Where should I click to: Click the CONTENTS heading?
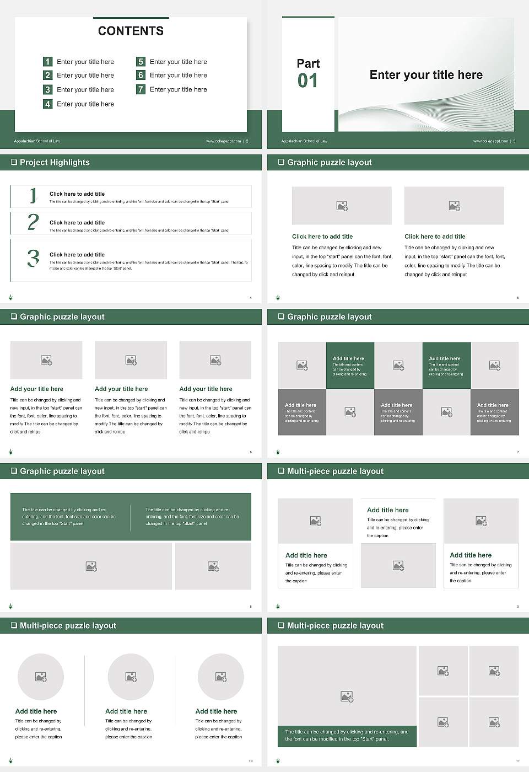(131, 31)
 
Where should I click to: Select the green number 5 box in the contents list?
(141, 62)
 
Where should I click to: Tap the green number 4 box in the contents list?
(48, 104)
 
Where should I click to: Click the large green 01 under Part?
(307, 81)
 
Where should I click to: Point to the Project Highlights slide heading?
(55, 162)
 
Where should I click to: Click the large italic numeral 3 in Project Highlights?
(33, 258)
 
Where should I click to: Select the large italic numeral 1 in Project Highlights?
(33, 195)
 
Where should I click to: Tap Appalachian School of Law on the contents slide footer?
(37, 141)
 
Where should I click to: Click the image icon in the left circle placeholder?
(41, 677)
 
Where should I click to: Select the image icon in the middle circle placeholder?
(131, 677)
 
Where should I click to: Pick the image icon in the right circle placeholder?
(221, 677)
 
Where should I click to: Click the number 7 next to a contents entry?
(141, 89)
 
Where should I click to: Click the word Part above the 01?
(308, 63)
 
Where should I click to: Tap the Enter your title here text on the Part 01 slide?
(426, 75)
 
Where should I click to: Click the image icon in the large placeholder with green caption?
(347, 697)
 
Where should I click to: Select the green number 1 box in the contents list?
(48, 62)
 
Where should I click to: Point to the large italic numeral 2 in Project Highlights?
(33, 222)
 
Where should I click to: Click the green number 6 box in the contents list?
(141, 75)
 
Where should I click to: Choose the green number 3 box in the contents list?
(48, 89)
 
